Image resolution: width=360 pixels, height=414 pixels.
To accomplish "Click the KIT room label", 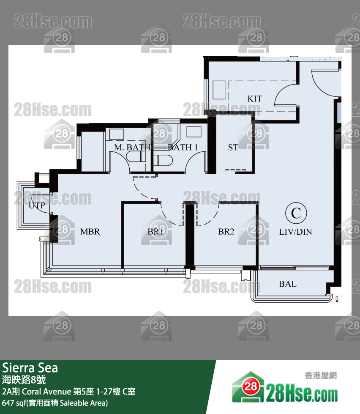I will [255, 99].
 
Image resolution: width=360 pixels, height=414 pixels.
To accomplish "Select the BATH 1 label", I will [183, 148].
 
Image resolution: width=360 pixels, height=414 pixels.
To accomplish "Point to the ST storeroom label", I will [233, 148].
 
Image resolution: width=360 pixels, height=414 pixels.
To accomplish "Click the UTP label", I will [37, 206].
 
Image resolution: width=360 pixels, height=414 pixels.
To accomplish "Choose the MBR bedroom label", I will [90, 232].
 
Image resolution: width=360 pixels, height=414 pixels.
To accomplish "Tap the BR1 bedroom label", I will [155, 232].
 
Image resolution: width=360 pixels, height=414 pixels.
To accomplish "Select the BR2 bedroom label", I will [226, 232].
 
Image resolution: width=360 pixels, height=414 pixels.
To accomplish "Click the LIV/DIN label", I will [295, 232].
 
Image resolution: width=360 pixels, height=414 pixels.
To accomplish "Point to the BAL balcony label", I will [288, 284].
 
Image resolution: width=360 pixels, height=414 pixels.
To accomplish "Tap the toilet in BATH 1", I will [163, 161].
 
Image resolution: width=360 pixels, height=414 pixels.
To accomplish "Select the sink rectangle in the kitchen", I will [218, 90].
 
